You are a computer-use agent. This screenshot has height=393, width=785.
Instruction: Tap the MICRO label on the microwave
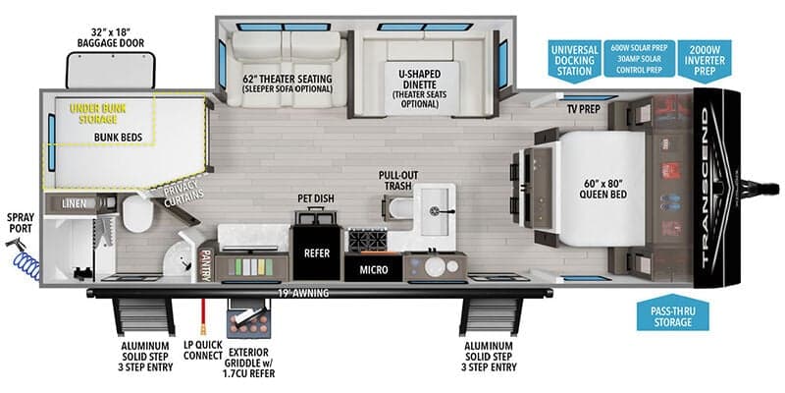(x=372, y=268)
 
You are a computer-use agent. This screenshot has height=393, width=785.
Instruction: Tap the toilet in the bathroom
(x=136, y=210)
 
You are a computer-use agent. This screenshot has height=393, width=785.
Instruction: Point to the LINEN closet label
(x=73, y=203)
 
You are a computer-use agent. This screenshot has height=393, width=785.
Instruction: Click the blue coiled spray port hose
(x=23, y=259)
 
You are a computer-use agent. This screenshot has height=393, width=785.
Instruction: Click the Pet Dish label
(x=316, y=199)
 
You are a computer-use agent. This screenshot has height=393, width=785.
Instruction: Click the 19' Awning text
(x=302, y=292)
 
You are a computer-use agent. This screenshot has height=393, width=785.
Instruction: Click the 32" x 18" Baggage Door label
(x=111, y=37)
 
